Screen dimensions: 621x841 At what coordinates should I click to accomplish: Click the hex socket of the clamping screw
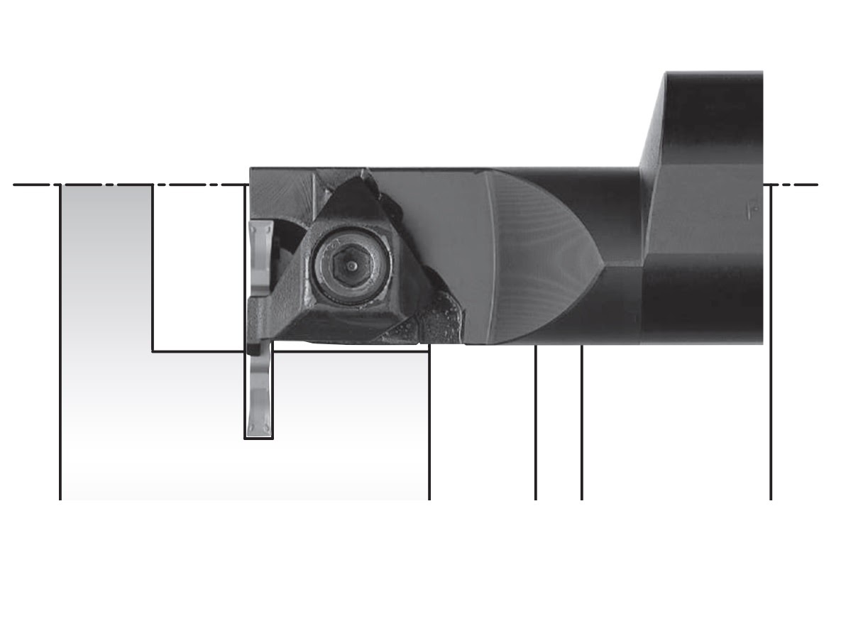pos(352,265)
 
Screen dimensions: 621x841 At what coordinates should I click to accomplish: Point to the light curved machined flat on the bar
pos(539,255)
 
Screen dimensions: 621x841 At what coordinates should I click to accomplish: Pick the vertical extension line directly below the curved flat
pos(536,426)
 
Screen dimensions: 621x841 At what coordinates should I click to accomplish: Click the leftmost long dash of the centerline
pos(32,185)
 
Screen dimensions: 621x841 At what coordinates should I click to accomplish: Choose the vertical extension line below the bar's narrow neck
pos(582,426)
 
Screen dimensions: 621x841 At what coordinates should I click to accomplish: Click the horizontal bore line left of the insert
pos(199,351)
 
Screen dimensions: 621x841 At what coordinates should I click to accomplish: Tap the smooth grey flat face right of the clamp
pos(440,227)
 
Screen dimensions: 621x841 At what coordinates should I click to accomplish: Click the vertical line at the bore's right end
pos(429,426)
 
